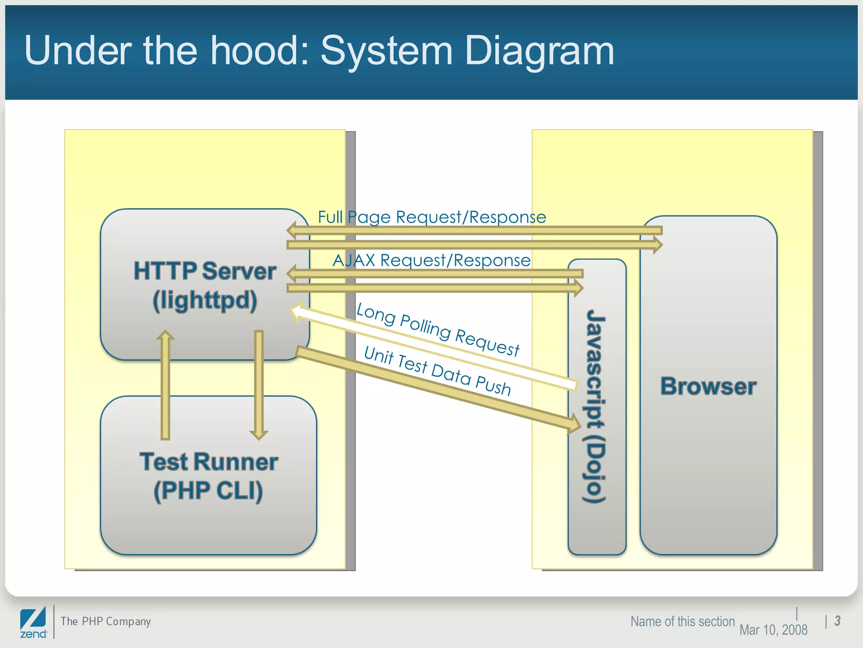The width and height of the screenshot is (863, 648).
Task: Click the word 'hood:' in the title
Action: pyautogui.click(x=260, y=51)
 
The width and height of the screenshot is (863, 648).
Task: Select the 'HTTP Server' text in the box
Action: pyautogui.click(x=205, y=271)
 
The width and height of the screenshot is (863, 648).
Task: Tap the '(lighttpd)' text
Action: pyautogui.click(x=205, y=300)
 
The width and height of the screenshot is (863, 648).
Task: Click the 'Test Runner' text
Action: pyautogui.click(x=209, y=462)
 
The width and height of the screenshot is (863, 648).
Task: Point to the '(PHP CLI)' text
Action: pyautogui.click(x=209, y=491)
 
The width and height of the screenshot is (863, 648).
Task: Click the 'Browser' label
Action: pyautogui.click(x=708, y=386)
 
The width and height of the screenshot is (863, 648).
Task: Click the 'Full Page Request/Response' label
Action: pyautogui.click(x=432, y=217)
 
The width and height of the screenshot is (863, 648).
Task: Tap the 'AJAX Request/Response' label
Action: pyautogui.click(x=431, y=260)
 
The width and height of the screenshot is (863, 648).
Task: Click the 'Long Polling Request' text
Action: pyautogui.click(x=438, y=330)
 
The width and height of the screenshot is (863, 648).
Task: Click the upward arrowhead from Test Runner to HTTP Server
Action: pyautogui.click(x=166, y=336)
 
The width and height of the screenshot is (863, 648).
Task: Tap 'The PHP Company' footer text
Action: pyautogui.click(x=105, y=621)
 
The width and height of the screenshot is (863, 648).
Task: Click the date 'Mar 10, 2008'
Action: pyautogui.click(x=773, y=630)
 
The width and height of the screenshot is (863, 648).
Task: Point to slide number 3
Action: pyautogui.click(x=837, y=621)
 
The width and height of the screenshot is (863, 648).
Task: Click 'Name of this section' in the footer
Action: pyautogui.click(x=682, y=621)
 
